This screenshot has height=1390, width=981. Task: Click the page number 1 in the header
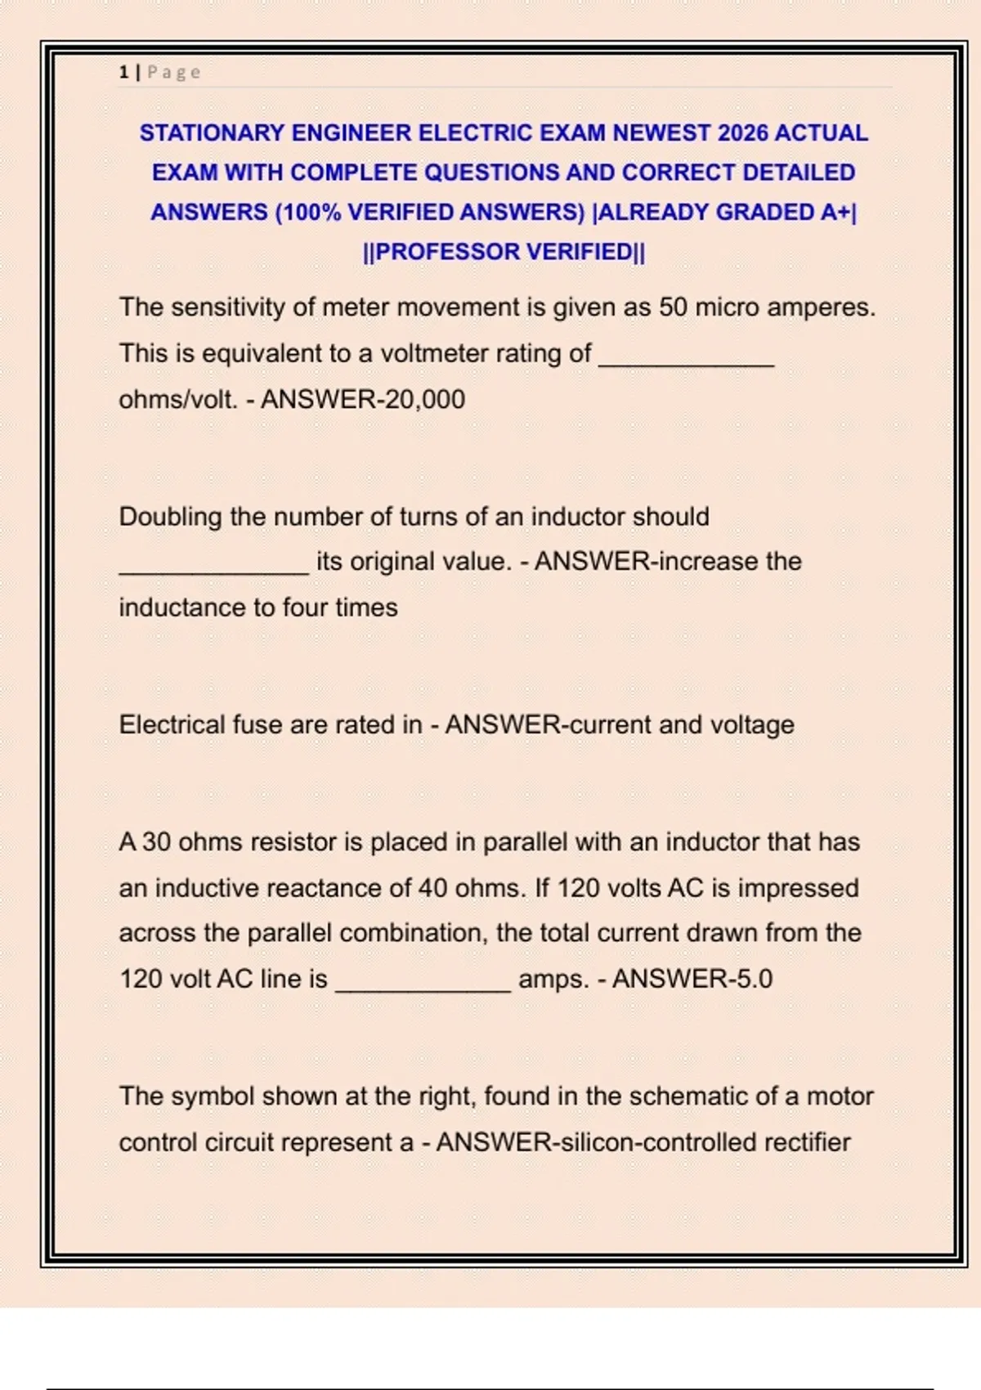(123, 72)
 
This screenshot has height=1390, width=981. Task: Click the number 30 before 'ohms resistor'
(156, 842)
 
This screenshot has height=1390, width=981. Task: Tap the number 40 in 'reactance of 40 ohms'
(432, 888)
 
